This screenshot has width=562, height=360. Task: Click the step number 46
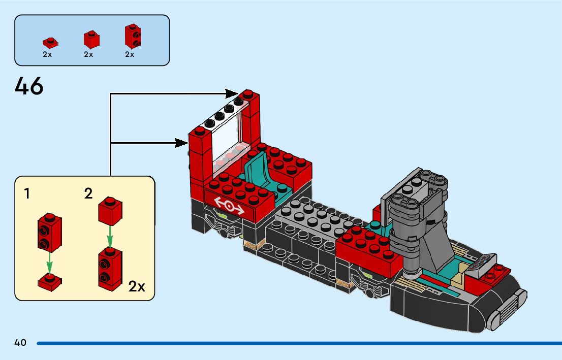click(x=29, y=86)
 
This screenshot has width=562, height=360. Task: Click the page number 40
click(x=20, y=343)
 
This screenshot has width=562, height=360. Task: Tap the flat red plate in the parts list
click(x=49, y=43)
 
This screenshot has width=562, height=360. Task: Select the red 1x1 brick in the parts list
click(x=91, y=40)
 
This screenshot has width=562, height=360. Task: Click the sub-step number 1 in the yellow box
click(x=27, y=193)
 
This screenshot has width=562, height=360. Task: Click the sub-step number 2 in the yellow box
click(x=88, y=193)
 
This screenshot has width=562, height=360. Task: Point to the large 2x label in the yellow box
click(x=137, y=286)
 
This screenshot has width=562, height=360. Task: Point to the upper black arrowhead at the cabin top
click(x=232, y=93)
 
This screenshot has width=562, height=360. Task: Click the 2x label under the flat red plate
click(x=47, y=54)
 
